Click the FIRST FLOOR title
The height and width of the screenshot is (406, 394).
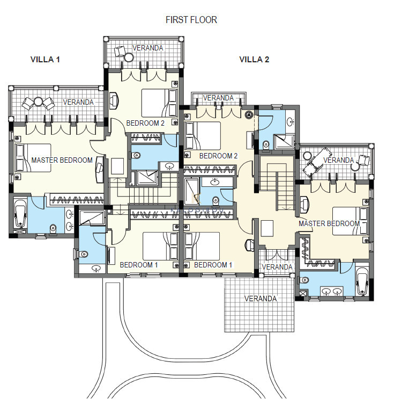coord(191,20)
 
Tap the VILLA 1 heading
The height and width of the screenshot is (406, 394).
coord(45,60)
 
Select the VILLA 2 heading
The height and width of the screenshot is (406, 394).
coord(254,60)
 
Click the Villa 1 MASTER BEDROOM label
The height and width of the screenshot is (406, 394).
coord(62,160)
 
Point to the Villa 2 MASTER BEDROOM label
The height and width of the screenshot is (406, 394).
coord(329,223)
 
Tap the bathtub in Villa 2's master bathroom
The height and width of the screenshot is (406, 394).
coord(362,281)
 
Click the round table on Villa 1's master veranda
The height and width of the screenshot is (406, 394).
coord(38,102)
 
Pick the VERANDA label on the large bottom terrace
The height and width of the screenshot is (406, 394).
coord(261,299)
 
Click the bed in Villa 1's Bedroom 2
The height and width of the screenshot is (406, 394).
coord(159,103)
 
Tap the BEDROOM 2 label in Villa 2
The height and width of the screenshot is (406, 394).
coord(219,156)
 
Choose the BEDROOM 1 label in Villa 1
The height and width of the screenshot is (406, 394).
coord(139,265)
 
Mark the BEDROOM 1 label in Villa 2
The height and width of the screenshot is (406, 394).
coord(213,265)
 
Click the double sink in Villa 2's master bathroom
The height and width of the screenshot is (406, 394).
coord(332,291)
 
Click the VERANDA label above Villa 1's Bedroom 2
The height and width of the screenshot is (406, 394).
coord(147,48)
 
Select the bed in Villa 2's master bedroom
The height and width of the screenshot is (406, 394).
coord(350,221)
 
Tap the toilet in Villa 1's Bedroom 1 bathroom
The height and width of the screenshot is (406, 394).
coord(83,253)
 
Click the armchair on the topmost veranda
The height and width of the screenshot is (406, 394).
coord(120,51)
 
